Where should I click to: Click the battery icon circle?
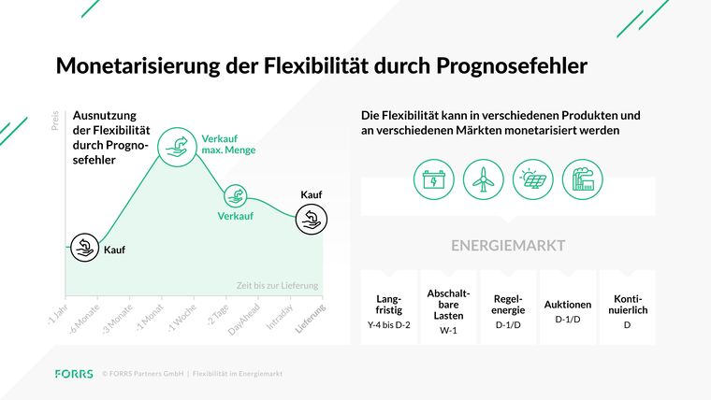(x=434, y=179)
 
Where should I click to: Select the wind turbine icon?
(x=484, y=179)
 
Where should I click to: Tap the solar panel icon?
(x=533, y=179)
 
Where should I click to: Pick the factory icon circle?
(x=583, y=179)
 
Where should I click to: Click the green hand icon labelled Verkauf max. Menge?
(x=177, y=148)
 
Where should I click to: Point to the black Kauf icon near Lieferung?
(x=312, y=220)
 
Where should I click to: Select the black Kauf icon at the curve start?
(x=85, y=248)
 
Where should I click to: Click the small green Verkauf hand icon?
(x=236, y=196)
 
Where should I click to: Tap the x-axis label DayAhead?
(x=244, y=320)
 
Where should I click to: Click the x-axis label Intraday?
(x=280, y=317)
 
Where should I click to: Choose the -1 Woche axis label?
(x=181, y=318)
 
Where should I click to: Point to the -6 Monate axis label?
(x=84, y=319)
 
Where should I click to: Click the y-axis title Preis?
(x=55, y=121)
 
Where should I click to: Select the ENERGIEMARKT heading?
(x=508, y=246)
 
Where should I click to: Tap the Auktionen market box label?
(x=568, y=305)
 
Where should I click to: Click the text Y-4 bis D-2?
(x=388, y=325)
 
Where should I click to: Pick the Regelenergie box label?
(x=508, y=305)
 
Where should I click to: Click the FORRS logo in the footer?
(x=74, y=374)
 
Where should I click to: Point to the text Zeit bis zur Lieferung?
(x=277, y=286)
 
